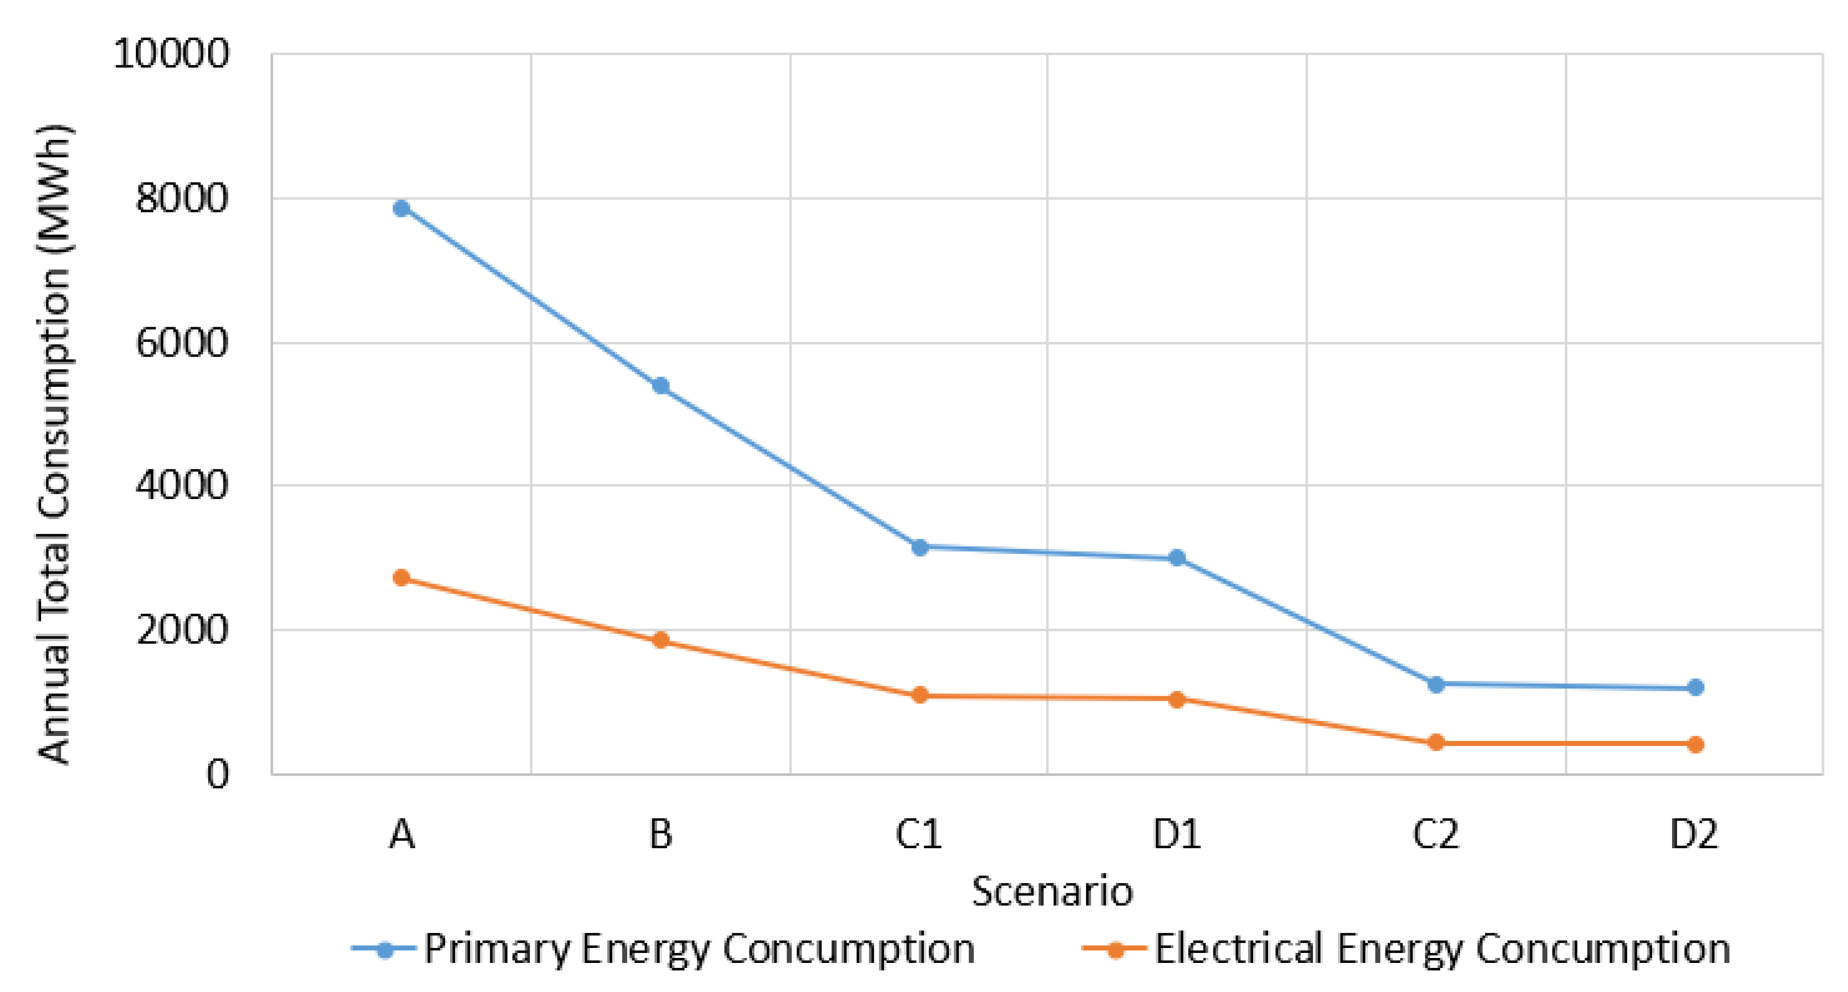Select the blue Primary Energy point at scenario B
(661, 386)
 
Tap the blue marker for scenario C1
(920, 547)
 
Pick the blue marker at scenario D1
(1177, 557)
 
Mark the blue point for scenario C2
(1435, 684)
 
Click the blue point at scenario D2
(1695, 687)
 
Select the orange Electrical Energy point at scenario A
(402, 577)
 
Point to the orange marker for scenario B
(661, 640)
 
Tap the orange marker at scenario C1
(920, 695)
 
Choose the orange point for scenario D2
(1695, 745)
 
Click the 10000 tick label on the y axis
(171, 54)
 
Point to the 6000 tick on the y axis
(181, 343)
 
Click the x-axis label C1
(918, 834)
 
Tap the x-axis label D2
(1694, 834)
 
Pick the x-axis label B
(661, 834)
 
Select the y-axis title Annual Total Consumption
(54, 445)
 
